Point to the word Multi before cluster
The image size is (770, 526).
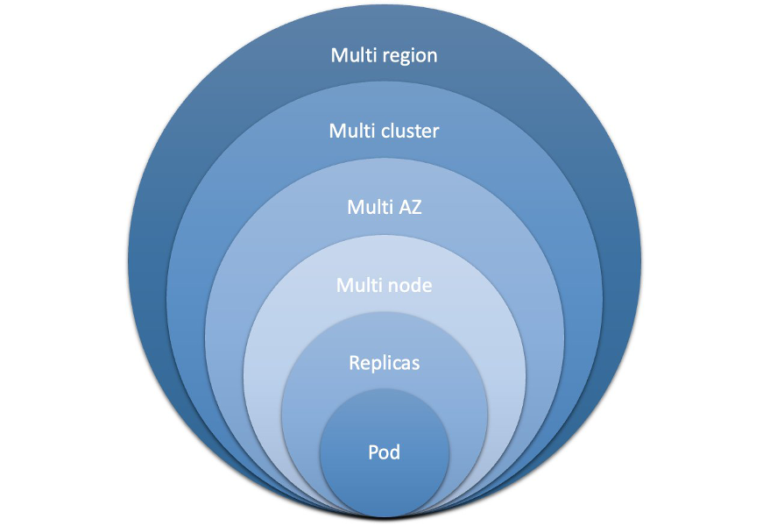pyautogui.click(x=353, y=131)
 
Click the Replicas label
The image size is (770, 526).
pyautogui.click(x=384, y=363)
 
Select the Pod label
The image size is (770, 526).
pyautogui.click(x=384, y=453)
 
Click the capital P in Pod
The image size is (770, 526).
pyautogui.click(x=373, y=453)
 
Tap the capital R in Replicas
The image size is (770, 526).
pyautogui.click(x=354, y=363)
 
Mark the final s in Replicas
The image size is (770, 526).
pyautogui.click(x=416, y=364)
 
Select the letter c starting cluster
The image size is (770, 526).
pyautogui.click(x=385, y=132)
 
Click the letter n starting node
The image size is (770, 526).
pyautogui.click(x=392, y=287)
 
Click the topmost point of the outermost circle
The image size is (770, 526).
pyautogui.click(x=385, y=5)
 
